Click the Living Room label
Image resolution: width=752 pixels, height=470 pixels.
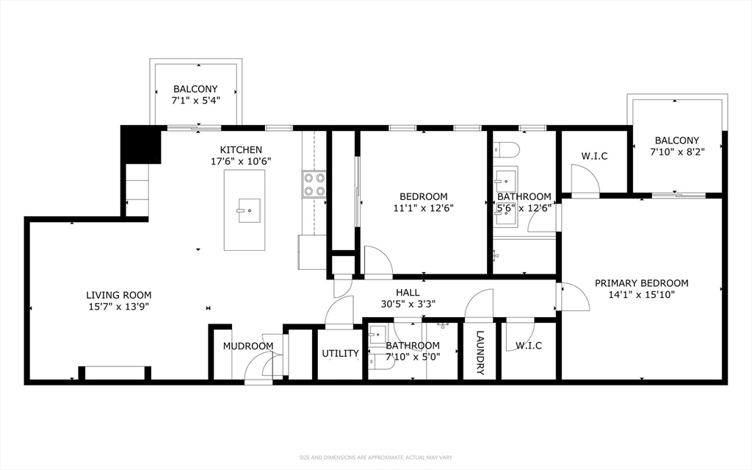point(118,295)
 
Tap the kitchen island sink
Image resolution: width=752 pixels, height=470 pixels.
point(249,210)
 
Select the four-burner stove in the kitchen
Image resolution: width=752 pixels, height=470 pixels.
point(314,185)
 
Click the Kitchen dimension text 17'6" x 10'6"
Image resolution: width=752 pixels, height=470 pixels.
point(241,162)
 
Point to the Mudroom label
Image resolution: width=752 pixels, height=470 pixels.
point(248,346)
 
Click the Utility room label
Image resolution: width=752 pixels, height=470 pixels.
point(340,353)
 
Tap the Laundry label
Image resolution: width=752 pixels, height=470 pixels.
point(480,353)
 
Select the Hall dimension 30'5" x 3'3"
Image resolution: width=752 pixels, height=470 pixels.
point(408,304)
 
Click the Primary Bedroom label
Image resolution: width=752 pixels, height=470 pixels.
point(641,283)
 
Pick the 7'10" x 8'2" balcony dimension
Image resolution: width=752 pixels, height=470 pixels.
point(676,152)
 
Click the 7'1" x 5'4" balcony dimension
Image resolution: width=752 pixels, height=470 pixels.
point(195,101)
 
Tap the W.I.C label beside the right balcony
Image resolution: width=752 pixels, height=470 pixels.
point(594,156)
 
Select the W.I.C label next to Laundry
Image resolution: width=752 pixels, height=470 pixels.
point(529,346)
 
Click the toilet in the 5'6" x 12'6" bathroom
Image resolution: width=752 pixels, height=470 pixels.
point(506,150)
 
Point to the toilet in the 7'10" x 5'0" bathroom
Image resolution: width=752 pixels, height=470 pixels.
point(381,363)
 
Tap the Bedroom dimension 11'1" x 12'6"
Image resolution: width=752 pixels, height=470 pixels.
point(424,208)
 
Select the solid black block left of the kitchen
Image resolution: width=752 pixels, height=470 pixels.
point(140,145)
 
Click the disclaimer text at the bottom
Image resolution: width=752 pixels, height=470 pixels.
point(376,457)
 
